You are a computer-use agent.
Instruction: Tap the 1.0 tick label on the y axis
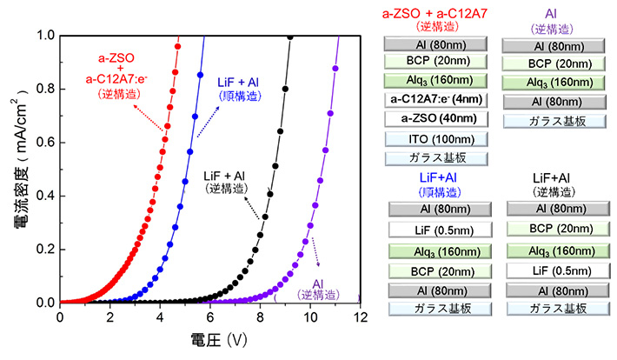click(43, 36)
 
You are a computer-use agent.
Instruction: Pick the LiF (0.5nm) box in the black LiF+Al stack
click(560, 270)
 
